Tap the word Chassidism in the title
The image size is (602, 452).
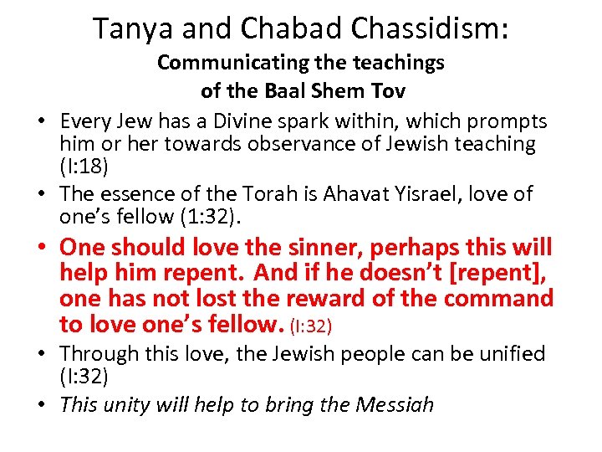click(423, 28)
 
